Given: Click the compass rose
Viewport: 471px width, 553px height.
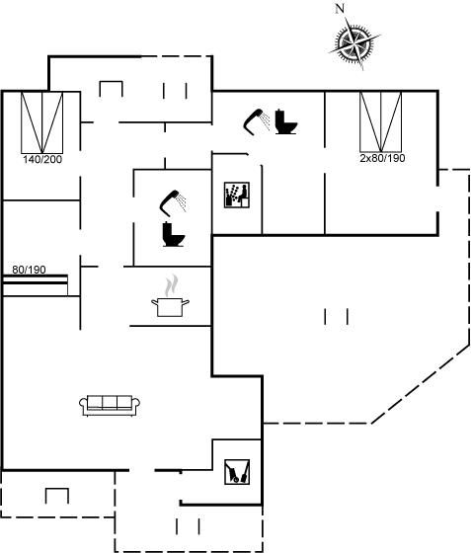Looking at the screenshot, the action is (354, 43).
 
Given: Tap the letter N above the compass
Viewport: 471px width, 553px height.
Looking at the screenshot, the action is (340, 9).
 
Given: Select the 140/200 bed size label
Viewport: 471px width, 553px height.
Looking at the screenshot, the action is (42, 159).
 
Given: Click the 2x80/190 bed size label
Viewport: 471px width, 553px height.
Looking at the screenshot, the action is (382, 158).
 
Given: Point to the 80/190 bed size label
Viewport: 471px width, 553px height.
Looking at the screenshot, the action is (29, 270).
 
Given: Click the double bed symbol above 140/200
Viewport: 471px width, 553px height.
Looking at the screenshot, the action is (41, 122).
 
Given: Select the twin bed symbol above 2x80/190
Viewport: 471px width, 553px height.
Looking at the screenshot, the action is (381, 122).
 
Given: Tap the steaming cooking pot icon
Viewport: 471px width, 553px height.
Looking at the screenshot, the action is (170, 296).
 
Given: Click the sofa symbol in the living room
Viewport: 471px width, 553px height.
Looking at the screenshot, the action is (110, 406).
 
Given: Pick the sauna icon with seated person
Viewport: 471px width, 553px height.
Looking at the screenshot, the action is (237, 195).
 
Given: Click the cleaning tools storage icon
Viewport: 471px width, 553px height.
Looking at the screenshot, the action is (237, 472).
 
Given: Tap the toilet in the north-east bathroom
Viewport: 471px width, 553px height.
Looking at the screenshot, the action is (286, 122).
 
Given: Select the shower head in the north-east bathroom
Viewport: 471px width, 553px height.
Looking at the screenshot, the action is (257, 121).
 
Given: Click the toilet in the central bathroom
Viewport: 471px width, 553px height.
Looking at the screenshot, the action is (174, 234).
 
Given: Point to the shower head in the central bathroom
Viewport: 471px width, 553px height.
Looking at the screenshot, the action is (173, 202).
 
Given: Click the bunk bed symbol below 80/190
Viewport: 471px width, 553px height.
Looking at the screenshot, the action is (36, 285).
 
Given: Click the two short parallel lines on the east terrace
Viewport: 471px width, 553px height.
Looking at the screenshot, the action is (337, 316).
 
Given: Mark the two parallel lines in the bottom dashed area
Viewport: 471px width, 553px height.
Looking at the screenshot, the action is (188, 526).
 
